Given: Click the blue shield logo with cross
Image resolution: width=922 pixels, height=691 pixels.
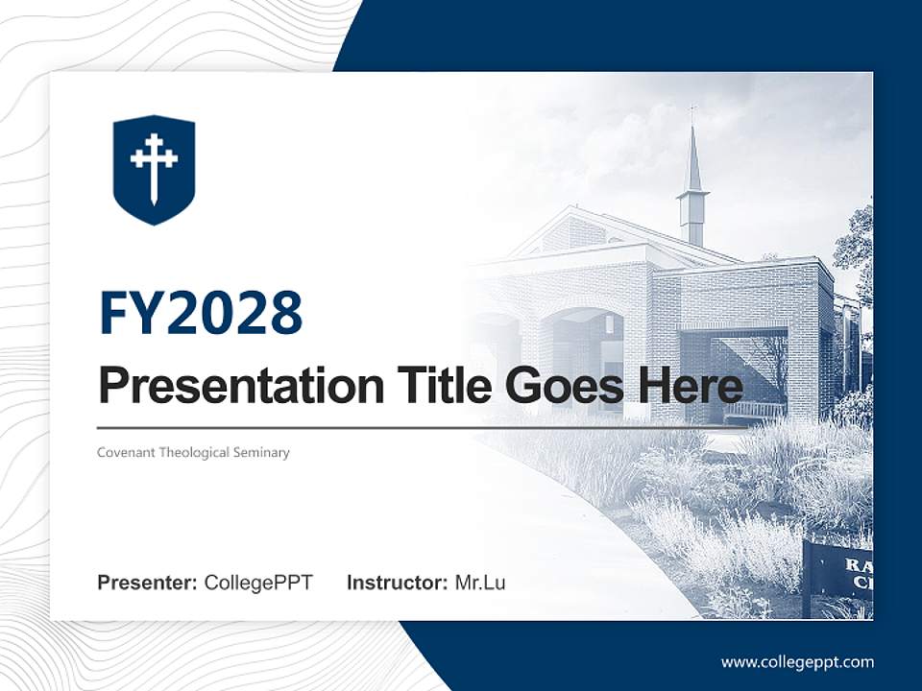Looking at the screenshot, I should point(154,170).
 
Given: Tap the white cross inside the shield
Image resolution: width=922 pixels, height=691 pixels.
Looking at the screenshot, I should point(154,166).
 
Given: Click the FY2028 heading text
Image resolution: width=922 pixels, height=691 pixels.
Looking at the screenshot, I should point(201,313).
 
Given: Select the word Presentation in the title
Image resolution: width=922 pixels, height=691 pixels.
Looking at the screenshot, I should point(227,387).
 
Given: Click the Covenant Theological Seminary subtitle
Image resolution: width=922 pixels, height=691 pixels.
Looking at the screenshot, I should point(193,452).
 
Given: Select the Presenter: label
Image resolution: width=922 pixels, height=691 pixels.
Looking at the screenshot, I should point(147,583).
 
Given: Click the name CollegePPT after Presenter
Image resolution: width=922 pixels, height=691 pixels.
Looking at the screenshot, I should point(258,583).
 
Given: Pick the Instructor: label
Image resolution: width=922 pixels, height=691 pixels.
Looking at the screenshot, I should point(397,583).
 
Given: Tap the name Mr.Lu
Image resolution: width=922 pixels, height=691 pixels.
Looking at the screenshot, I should point(479,583).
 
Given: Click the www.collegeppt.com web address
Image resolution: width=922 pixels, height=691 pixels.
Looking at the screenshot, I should point(797,662).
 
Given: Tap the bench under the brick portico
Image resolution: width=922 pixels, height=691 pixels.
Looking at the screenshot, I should point(752,411).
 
